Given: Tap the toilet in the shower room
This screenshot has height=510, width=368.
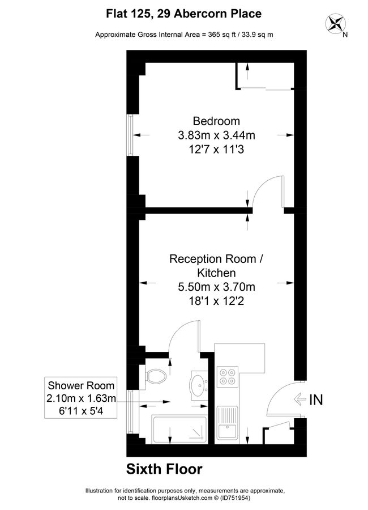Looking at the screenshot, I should (155, 375).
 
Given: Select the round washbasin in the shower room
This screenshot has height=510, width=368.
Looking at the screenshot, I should (199, 386).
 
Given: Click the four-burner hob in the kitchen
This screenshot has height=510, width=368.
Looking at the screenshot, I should (227, 377).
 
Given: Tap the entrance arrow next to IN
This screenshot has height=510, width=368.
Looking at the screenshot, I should (299, 399).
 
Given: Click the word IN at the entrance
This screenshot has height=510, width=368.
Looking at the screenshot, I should (316, 399).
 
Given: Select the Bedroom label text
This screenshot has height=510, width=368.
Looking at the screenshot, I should (216, 121).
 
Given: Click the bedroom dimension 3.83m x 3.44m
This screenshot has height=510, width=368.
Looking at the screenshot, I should (216, 135).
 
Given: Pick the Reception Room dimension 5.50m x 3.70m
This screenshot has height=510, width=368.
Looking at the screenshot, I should (216, 287).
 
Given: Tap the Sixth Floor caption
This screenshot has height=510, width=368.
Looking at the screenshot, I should (164, 469).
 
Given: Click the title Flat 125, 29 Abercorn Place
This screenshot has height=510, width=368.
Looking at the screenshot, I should (184, 12).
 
